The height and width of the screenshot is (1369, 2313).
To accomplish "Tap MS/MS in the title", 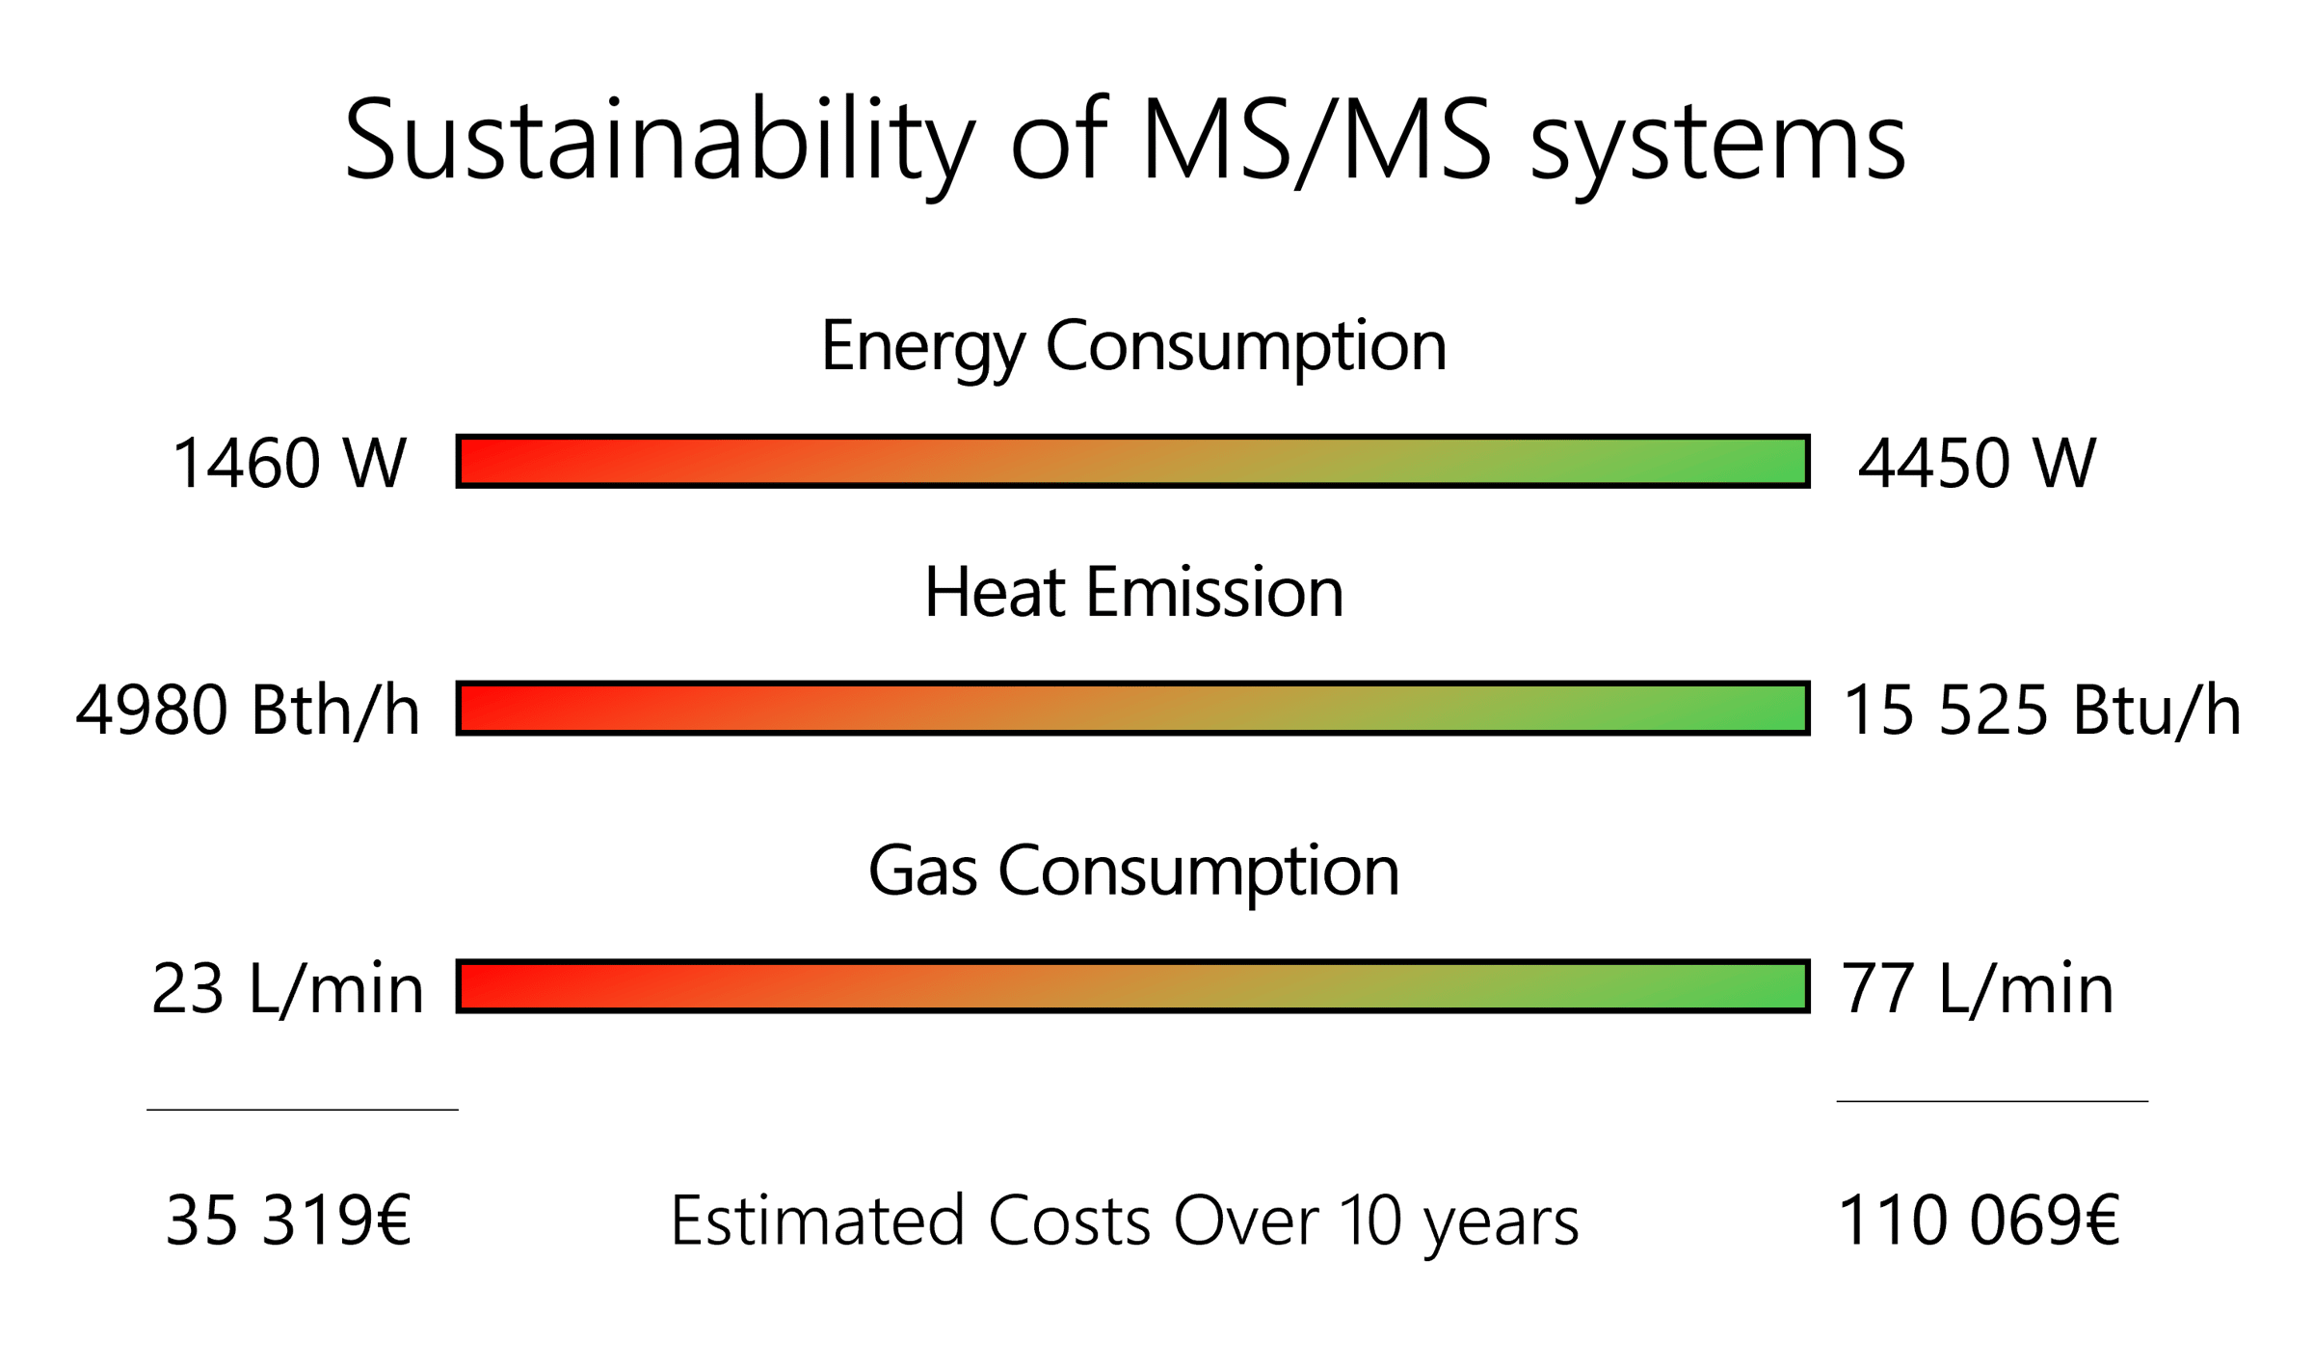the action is point(1316,140).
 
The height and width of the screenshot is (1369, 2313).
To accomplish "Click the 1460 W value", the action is point(289,464).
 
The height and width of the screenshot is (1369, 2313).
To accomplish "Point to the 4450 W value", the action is point(1977,464).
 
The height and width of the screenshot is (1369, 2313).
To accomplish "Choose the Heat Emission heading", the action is point(1133,592).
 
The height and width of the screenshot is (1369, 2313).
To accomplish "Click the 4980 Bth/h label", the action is point(248,711).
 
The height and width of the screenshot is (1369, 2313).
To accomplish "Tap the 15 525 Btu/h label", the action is point(2041,711).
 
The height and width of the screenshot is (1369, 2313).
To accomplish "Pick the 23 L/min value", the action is point(287,989).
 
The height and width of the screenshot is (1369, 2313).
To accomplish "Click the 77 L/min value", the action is point(1977,989).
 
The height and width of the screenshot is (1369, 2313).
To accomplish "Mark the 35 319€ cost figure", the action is point(288,1221).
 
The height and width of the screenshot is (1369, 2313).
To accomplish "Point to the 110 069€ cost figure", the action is point(1979,1221).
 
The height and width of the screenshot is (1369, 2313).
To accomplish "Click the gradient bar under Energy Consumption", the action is point(1132,462).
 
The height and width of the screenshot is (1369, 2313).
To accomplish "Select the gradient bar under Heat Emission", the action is point(1132,709).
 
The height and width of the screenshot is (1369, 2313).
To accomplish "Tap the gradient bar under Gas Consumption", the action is point(1132,986).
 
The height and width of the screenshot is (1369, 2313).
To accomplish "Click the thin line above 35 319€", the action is point(303,1110).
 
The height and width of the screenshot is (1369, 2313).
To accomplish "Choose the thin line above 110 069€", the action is point(1992,1101).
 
